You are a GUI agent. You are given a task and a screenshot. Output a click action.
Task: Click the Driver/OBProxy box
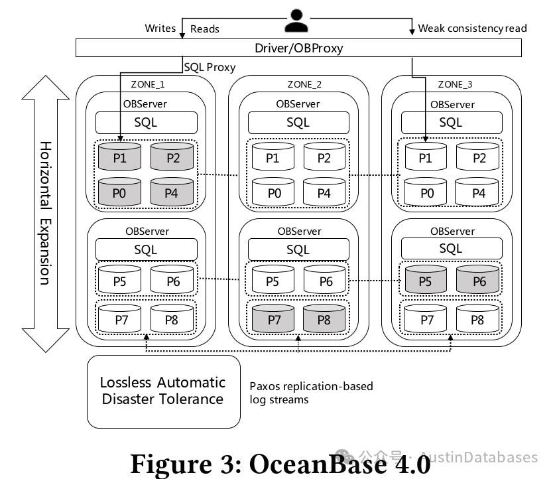point(298,48)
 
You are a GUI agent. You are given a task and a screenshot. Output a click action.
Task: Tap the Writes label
point(160,28)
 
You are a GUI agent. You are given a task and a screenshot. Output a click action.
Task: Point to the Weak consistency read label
point(472,28)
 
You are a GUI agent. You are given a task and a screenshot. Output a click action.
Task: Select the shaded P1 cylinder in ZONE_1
point(120,157)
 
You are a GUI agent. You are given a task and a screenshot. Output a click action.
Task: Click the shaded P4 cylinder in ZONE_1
point(172,192)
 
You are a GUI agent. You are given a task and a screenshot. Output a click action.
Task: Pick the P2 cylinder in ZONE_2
point(324,157)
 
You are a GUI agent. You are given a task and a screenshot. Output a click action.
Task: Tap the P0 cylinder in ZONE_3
point(427,192)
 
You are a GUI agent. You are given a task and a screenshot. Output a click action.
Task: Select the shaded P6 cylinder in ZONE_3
point(479,280)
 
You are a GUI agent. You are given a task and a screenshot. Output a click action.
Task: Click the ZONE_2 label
point(304,84)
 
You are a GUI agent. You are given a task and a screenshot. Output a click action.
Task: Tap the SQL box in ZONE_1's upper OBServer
point(147,123)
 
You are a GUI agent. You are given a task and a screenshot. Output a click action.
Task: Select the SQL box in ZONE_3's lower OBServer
point(452,249)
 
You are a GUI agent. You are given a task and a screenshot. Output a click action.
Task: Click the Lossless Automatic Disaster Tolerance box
point(163,391)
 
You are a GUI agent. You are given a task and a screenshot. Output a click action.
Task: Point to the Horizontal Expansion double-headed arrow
point(45,212)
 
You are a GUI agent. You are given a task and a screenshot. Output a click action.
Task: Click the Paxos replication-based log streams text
point(311,393)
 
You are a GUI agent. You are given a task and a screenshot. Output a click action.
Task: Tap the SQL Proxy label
point(210,68)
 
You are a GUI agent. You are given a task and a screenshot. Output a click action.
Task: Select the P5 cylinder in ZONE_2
point(273,280)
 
